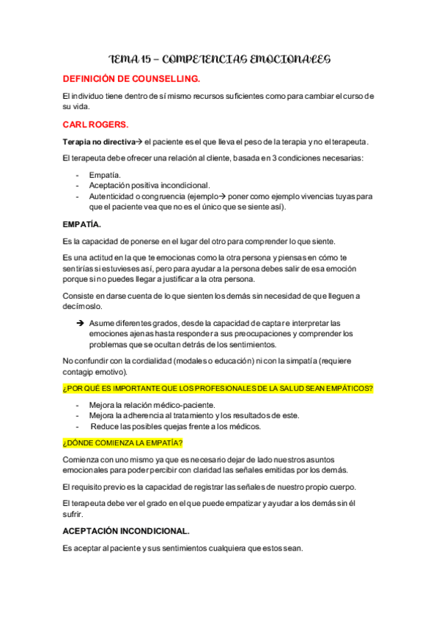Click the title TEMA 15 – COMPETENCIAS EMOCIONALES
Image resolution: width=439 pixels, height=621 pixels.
pyautogui.click(x=220, y=58)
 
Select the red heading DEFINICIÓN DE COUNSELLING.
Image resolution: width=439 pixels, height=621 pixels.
pyautogui.click(x=131, y=78)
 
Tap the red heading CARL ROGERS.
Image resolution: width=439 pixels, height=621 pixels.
pyautogui.click(x=95, y=124)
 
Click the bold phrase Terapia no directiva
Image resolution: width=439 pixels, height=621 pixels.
pyautogui.click(x=99, y=142)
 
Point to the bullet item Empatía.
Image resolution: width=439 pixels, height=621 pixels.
pyautogui.click(x=105, y=175)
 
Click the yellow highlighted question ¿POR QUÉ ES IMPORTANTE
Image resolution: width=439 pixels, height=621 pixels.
pyautogui.click(x=218, y=387)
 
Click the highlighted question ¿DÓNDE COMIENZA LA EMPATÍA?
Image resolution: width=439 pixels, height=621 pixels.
pyautogui.click(x=122, y=443)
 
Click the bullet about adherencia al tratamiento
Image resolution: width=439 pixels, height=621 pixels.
pyautogui.click(x=183, y=415)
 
